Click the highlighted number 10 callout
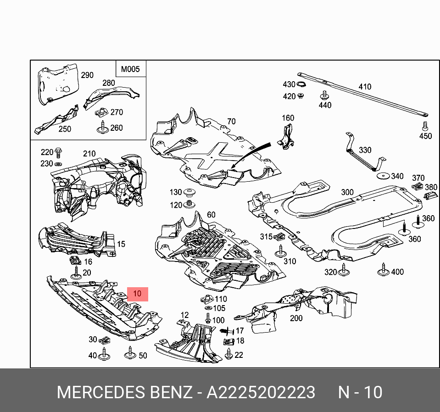tap(138, 294)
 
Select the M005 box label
tap(130, 70)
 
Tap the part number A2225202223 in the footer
tap(261, 393)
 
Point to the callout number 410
tap(365, 87)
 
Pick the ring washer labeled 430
tap(301, 85)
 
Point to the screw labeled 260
tap(102, 129)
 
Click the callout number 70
tap(231, 122)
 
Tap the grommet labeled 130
tap(189, 192)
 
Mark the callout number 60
tap(211, 215)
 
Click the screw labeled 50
tap(130, 354)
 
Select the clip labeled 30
tap(105, 340)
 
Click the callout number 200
tap(296, 318)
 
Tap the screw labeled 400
tap(382, 271)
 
